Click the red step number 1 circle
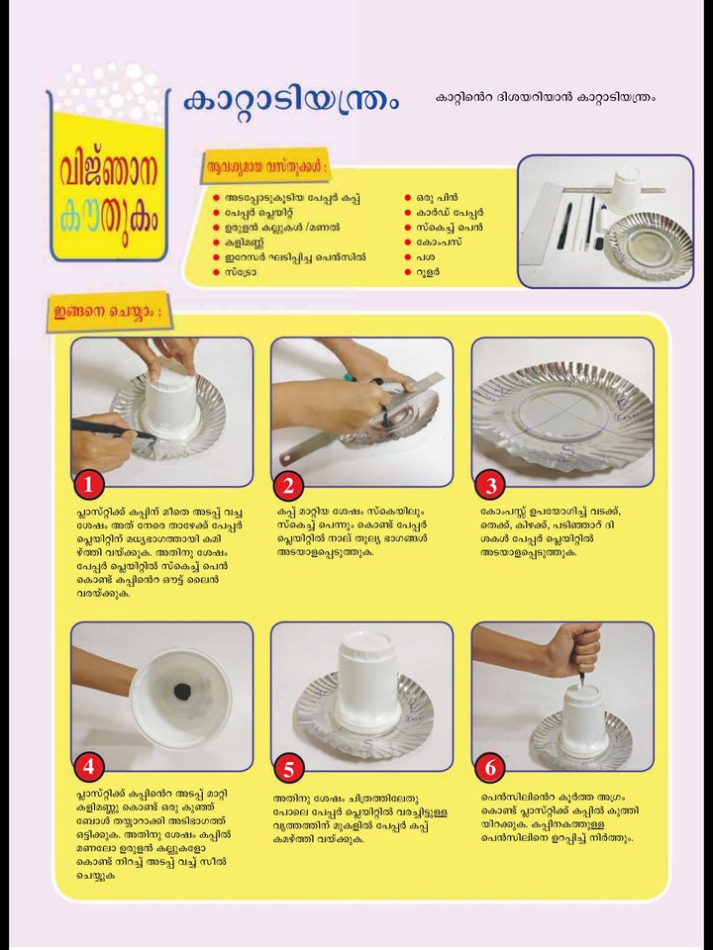(89, 485)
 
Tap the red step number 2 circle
(288, 485)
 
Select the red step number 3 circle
(490, 485)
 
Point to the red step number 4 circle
(89, 768)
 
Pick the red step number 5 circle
(288, 769)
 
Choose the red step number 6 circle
(490, 768)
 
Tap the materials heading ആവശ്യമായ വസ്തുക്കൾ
(265, 165)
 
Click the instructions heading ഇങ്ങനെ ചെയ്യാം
(109, 313)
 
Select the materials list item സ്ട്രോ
(241, 272)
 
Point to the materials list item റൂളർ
(428, 272)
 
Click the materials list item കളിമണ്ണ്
(245, 242)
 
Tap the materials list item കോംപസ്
(439, 242)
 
